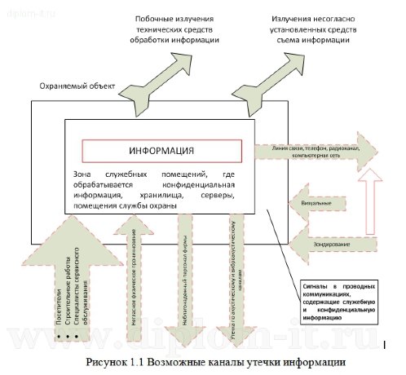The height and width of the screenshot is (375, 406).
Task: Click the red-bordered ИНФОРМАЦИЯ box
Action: click(161, 151)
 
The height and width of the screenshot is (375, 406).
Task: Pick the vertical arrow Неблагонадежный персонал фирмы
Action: click(187, 285)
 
